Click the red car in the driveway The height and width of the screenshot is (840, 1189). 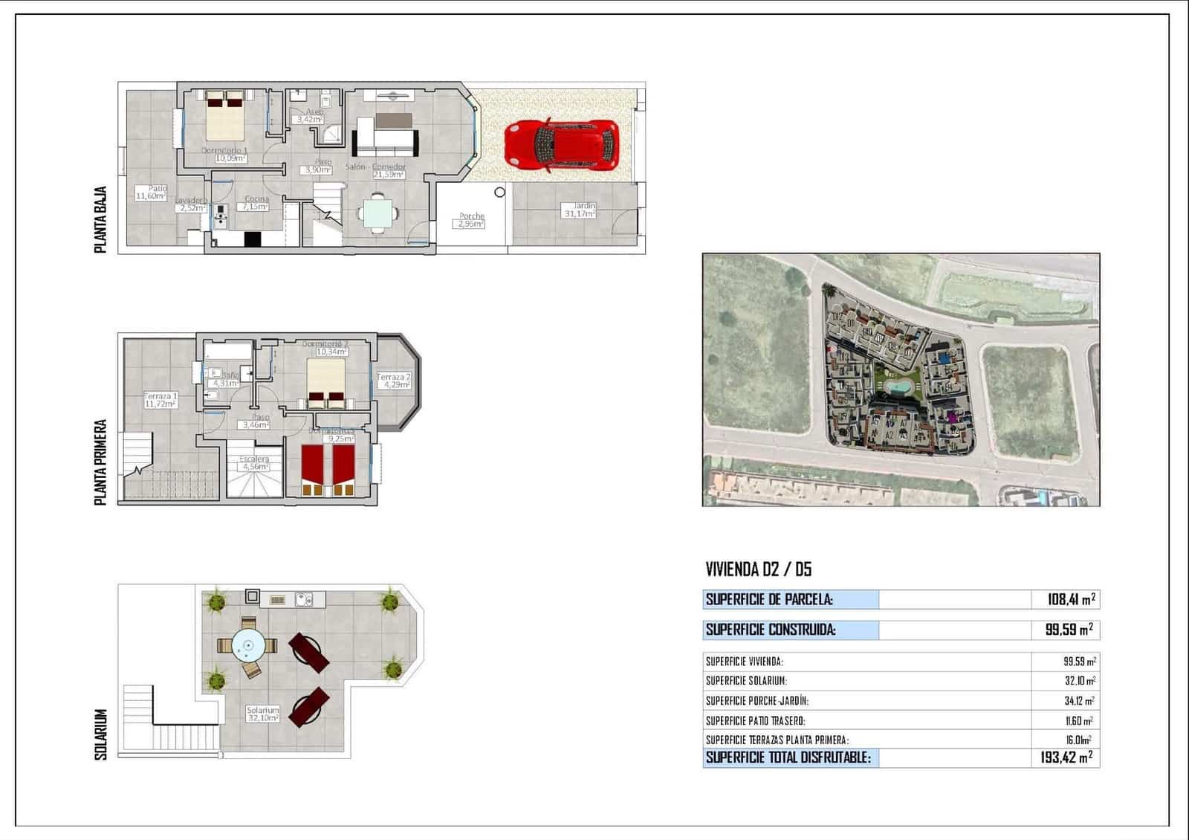[x=561, y=146]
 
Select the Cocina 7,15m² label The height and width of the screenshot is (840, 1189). [x=256, y=203]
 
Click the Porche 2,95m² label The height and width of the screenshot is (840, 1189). [x=471, y=220]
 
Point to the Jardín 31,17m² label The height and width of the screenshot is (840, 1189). [x=580, y=210]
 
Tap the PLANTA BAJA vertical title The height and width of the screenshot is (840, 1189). [x=101, y=220]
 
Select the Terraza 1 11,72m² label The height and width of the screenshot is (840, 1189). [x=160, y=401]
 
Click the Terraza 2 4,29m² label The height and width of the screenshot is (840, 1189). [x=394, y=381]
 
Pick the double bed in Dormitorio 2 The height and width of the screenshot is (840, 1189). [x=327, y=383]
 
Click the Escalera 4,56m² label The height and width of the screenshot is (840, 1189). [x=254, y=463]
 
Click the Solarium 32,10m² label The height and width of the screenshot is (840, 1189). [x=263, y=714]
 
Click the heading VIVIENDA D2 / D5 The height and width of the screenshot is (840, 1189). [x=758, y=570]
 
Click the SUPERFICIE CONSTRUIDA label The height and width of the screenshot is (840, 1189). [x=771, y=630]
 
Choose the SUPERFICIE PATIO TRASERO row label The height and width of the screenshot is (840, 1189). [x=755, y=720]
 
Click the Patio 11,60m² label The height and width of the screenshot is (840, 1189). [x=150, y=193]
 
